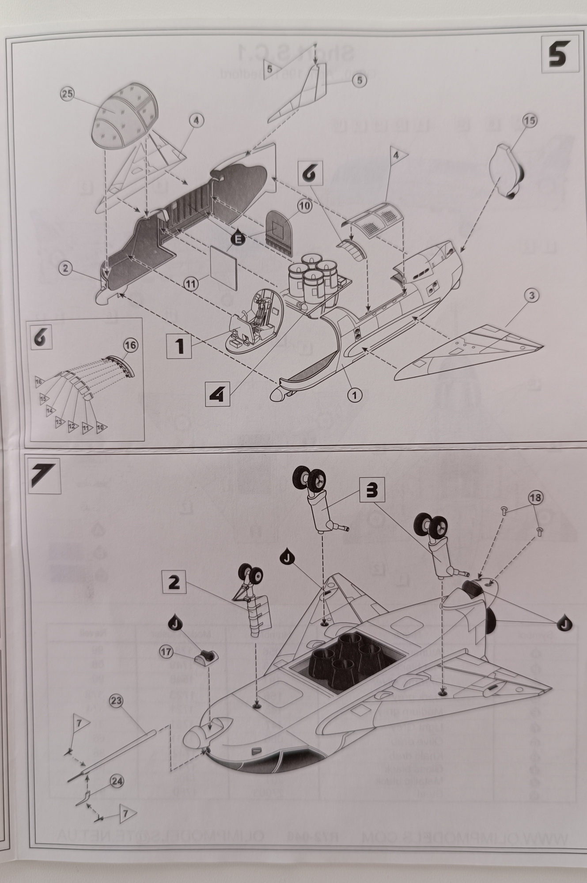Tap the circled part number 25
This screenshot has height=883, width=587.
pos(69,94)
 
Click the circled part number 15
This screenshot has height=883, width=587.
pos(530,120)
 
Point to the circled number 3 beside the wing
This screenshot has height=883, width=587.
pos(532,295)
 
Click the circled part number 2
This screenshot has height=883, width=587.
pos(65,268)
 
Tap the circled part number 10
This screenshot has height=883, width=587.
pos(305,205)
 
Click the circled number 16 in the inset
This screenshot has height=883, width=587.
pos(130,346)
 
